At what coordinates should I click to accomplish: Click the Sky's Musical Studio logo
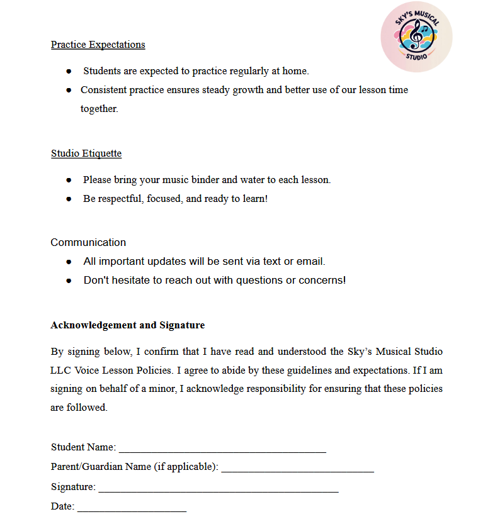pyautogui.click(x=416, y=36)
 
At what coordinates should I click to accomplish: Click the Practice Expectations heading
pyautogui.click(x=98, y=45)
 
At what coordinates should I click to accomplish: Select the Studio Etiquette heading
pyautogui.click(x=86, y=153)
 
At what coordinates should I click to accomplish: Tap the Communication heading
pyautogui.click(x=88, y=242)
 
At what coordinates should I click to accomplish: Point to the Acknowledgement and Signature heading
pyautogui.click(x=127, y=325)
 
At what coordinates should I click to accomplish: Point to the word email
pyautogui.click(x=311, y=261)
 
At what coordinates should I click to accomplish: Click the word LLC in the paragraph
pyautogui.click(x=62, y=371)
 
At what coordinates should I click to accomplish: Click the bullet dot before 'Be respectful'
pyautogui.click(x=69, y=199)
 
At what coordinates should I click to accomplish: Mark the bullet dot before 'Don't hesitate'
pyautogui.click(x=69, y=281)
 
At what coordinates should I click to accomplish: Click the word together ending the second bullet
pyautogui.click(x=99, y=109)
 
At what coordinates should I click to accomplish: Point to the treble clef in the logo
pyautogui.click(x=415, y=36)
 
